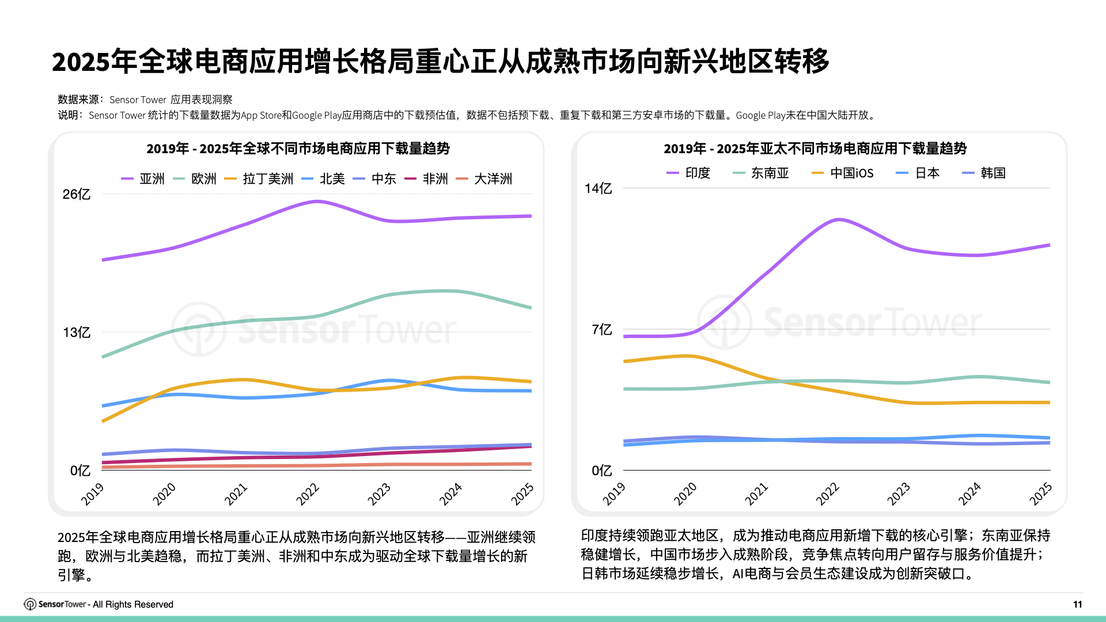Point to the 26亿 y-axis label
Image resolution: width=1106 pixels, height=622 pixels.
[x=77, y=195]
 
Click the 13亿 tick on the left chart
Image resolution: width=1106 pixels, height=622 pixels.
[x=77, y=333]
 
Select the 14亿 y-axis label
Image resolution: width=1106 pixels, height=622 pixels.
[x=598, y=189]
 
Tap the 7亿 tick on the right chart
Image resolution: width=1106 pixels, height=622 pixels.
[x=601, y=330]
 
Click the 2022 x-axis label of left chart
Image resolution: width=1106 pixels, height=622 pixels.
[x=308, y=494]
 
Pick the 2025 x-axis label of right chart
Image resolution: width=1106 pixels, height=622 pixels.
[x=1040, y=494]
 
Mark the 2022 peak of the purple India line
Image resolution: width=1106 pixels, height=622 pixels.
[x=839, y=219]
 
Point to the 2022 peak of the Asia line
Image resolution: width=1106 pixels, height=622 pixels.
[x=317, y=202]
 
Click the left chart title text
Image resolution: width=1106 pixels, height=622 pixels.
[x=298, y=149]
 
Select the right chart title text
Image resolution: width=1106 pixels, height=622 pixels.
[x=815, y=149]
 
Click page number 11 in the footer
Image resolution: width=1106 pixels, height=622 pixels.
[x=1077, y=604]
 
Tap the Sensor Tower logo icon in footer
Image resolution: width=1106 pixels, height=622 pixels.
[x=30, y=604]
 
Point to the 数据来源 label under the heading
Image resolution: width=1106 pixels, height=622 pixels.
[x=78, y=100]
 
